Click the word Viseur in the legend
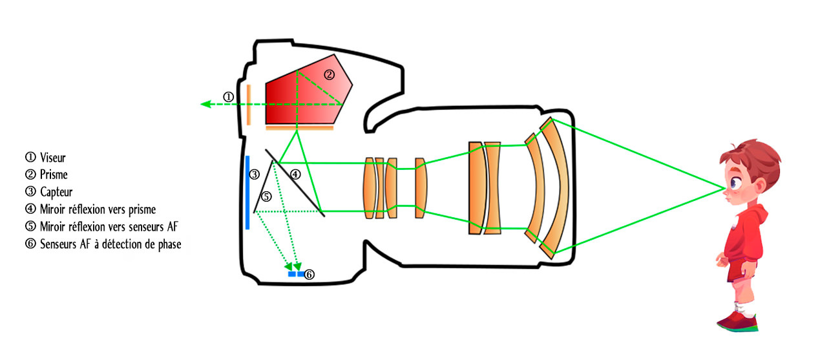point(53,158)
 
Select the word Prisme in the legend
point(54,175)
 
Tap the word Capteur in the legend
point(56,192)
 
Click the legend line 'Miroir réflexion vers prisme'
point(98,209)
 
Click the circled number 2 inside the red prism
point(330,74)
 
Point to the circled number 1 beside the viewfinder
point(228,97)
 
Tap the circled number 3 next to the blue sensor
point(254,175)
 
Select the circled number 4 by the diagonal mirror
point(295,175)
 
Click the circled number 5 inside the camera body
point(266,196)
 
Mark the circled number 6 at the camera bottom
point(309,275)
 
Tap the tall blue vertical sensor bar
point(247,193)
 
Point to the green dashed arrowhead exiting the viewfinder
point(205,104)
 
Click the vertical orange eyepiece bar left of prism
point(249,105)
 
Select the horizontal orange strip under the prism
point(300,128)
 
